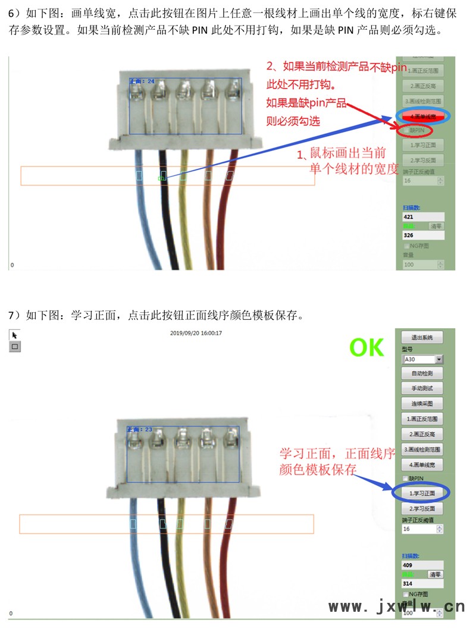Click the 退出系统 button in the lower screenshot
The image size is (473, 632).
tap(422, 337)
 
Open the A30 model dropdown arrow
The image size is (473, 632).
tap(439, 360)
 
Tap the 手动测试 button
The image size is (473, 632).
tap(422, 388)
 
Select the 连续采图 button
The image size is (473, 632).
tap(422, 403)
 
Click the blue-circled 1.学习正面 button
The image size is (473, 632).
tap(422, 493)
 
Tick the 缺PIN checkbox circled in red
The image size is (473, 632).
tap(406, 130)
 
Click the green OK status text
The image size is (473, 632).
tap(367, 348)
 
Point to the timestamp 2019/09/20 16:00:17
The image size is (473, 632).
tap(196, 333)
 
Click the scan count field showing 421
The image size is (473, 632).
tap(422, 217)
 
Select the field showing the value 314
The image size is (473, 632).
tap(422, 583)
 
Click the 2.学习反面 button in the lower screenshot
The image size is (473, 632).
tap(422, 509)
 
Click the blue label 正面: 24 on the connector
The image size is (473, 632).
tap(142, 81)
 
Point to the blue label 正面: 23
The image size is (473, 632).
tap(140, 429)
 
